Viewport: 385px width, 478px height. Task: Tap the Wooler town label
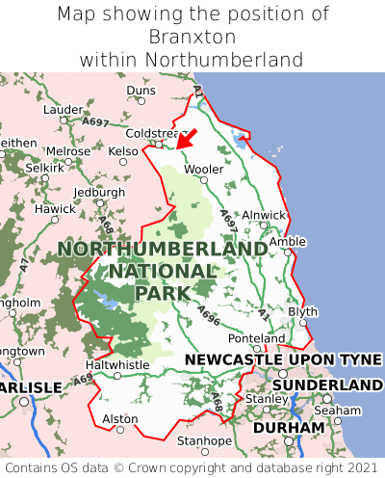(x=203, y=169)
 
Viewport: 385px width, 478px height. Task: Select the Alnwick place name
(x=263, y=215)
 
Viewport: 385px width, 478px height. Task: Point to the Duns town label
(x=141, y=91)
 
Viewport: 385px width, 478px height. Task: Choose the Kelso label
(x=123, y=151)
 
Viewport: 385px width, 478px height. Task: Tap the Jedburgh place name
(x=99, y=192)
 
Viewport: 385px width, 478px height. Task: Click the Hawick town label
(x=54, y=209)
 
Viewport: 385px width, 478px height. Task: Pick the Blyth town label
(x=302, y=311)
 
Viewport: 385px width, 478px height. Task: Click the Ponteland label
(x=256, y=339)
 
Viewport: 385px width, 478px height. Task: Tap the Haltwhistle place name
(x=117, y=365)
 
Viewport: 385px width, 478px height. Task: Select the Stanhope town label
(x=204, y=441)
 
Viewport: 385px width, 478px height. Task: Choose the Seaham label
(x=343, y=410)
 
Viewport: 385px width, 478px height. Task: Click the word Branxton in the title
(x=192, y=37)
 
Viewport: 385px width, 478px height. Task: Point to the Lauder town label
(x=64, y=110)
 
